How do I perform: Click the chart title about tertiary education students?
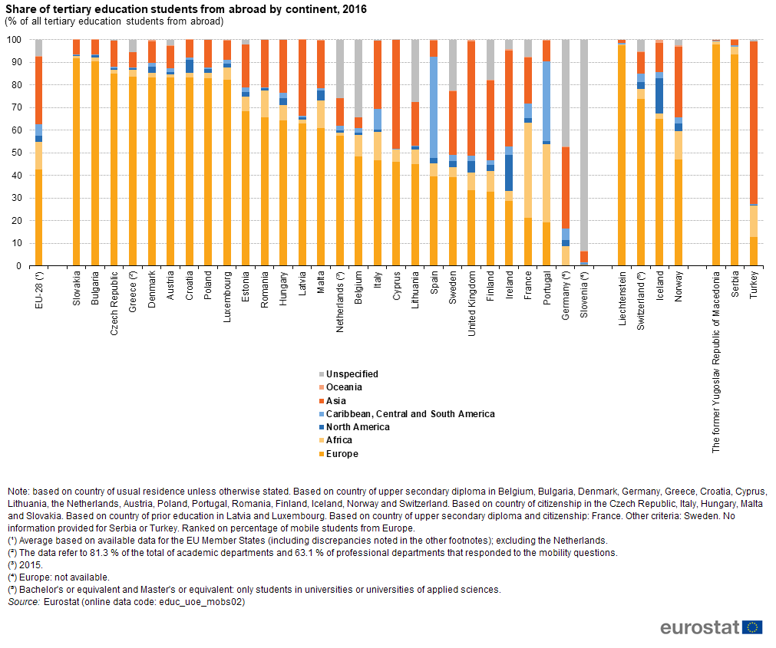point(186,10)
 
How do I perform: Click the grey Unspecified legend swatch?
point(321,374)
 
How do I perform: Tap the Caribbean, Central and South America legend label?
point(410,414)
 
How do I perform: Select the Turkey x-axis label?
point(753,285)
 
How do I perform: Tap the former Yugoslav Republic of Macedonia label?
point(716,360)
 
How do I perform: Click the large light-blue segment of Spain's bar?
point(434,107)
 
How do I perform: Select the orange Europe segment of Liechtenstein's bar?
point(622,153)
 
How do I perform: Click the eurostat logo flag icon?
point(752,627)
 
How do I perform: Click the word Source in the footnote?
point(23,602)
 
